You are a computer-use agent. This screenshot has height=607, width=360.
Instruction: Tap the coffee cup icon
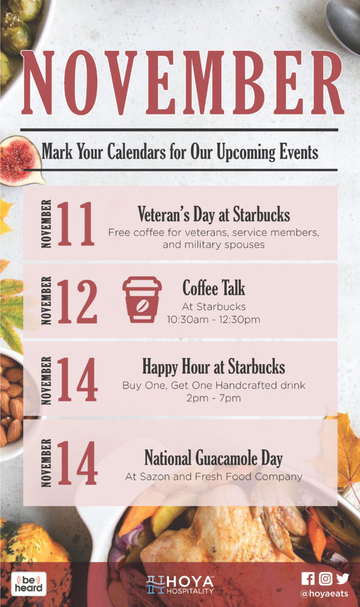(x=142, y=299)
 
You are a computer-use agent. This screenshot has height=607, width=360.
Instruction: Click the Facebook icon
(x=308, y=579)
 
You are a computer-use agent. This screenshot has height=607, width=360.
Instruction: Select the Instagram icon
(x=326, y=579)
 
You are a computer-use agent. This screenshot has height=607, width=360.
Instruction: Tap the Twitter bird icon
(x=343, y=579)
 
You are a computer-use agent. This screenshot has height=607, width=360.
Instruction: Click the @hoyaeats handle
(x=324, y=593)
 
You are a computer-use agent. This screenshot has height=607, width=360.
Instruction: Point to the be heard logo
(x=28, y=584)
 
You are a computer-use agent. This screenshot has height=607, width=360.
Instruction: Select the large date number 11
(x=75, y=223)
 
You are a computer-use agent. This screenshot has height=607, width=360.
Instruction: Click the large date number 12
(x=77, y=301)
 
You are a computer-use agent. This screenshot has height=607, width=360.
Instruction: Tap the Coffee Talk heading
(x=214, y=288)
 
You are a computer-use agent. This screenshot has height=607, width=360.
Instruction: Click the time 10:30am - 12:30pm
(x=214, y=320)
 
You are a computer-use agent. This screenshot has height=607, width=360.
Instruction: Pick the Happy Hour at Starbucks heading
(x=214, y=366)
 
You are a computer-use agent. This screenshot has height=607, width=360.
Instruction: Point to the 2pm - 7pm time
(x=214, y=398)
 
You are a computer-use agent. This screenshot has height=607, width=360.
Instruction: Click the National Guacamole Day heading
(x=214, y=458)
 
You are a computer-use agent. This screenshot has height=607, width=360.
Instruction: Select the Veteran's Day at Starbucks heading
(x=214, y=214)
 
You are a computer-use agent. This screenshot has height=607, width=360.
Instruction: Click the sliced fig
(x=21, y=160)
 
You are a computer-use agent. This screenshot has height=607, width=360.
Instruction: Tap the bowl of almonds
(x=12, y=402)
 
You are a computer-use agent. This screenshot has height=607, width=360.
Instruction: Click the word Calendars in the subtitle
(x=136, y=151)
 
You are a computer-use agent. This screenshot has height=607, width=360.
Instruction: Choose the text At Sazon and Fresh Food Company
(x=214, y=477)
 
